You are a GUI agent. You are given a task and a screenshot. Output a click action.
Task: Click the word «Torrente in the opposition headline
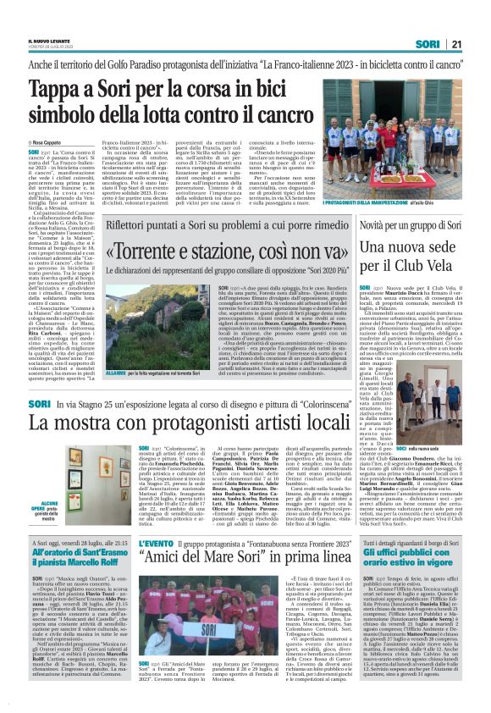coord(153,252)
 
